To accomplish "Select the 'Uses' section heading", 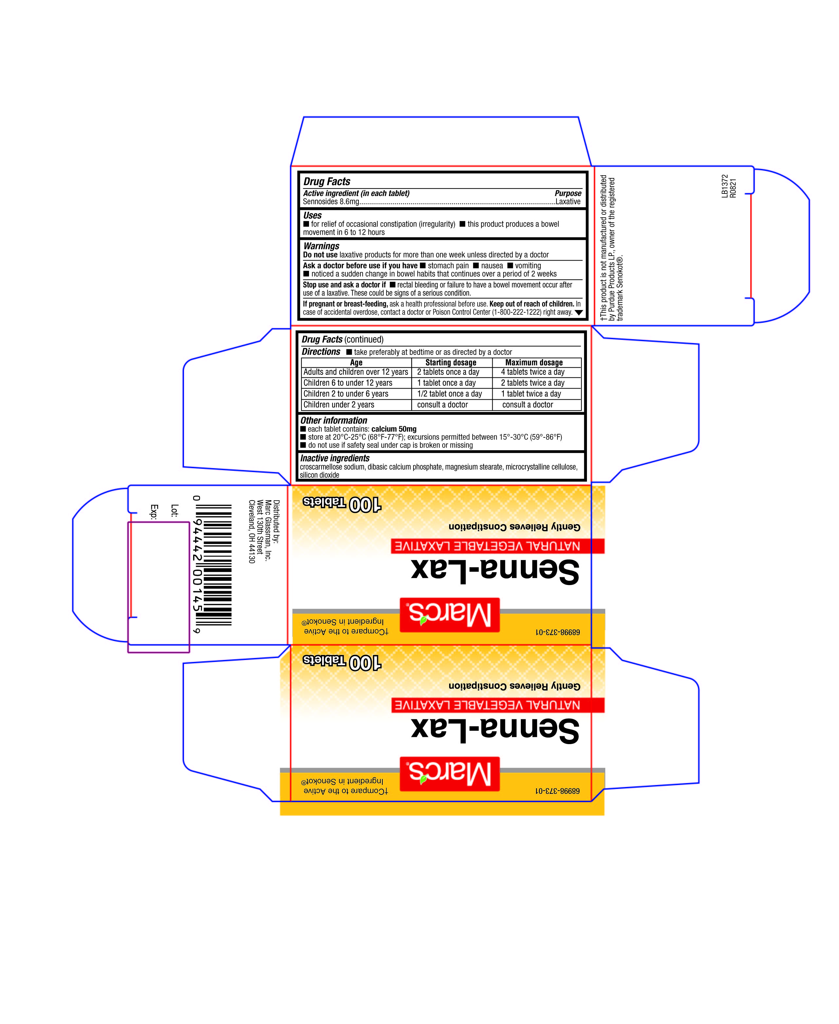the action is (312, 215).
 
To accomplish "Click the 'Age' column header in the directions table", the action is (356, 362).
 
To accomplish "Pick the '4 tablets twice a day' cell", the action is (533, 372).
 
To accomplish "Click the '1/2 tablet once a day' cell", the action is (449, 394).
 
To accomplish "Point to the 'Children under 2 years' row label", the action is (339, 405).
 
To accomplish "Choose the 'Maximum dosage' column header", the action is (534, 362).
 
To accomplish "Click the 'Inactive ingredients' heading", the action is (335, 458).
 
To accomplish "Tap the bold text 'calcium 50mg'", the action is (394, 429).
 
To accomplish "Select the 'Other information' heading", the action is (334, 420).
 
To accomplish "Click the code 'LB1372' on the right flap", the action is (724, 186).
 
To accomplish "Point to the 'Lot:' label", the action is (175, 510).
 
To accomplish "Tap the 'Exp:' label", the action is (154, 512).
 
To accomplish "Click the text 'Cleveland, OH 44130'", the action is (251, 532).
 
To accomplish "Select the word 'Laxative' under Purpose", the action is (568, 202).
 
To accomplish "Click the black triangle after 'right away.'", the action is (578, 313).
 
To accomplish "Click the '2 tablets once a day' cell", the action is (448, 372).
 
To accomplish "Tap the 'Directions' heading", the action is (321, 352).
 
